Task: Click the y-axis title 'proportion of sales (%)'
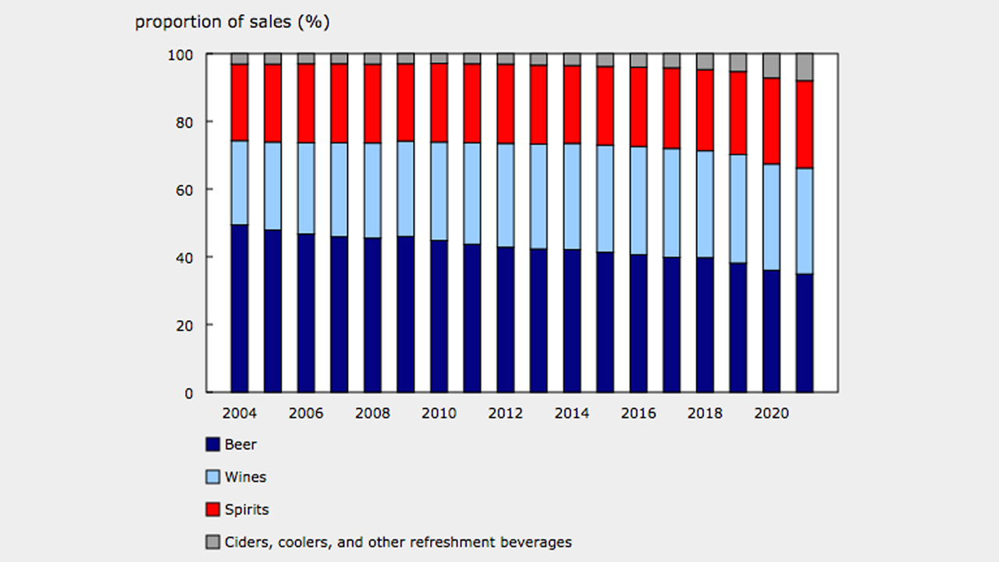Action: [x=232, y=22]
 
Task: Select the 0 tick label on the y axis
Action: [x=190, y=393]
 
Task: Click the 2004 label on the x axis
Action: [x=239, y=413]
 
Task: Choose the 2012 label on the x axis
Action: [x=505, y=413]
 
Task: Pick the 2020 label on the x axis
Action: [x=771, y=413]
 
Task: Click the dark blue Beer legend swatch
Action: [x=212, y=445]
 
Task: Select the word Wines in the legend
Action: [x=245, y=477]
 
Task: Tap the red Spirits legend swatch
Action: [x=212, y=510]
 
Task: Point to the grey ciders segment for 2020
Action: [x=771, y=66]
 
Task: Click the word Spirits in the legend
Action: [x=247, y=510]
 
